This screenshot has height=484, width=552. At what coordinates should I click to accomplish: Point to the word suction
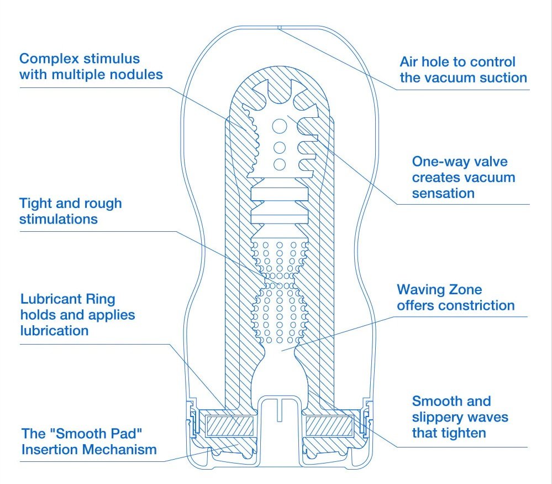pyautogui.click(x=500, y=77)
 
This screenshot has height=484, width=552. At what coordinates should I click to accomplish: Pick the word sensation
pyautogui.click(x=443, y=194)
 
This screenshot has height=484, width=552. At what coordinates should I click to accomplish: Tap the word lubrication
pyautogui.click(x=54, y=331)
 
